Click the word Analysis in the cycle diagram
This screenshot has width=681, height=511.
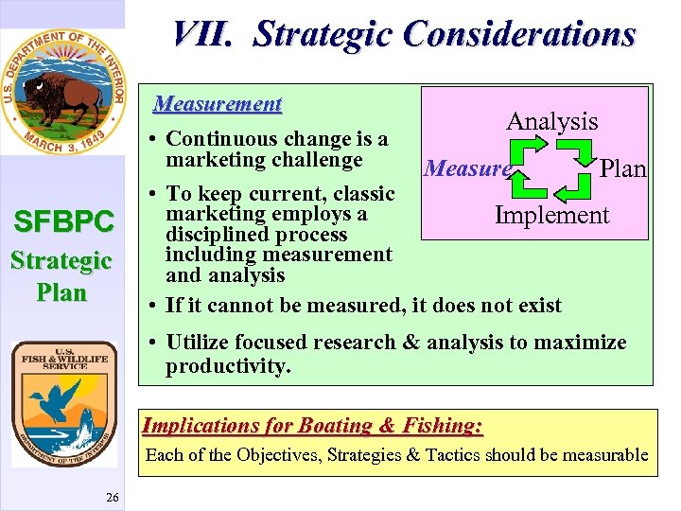coord(551,121)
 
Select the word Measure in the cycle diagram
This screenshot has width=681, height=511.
coord(466,168)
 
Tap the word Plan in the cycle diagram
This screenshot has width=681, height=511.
coord(622,168)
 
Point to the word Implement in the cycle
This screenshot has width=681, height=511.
coord(551,215)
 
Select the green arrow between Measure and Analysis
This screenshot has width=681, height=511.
coord(526,150)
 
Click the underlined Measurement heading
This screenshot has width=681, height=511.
coord(218,103)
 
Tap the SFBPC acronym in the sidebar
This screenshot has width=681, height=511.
coord(63,222)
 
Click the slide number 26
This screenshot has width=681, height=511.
coord(112,498)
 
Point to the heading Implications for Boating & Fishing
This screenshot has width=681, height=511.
coord(312,426)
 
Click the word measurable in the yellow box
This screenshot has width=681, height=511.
coord(594,455)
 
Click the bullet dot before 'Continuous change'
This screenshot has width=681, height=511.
coord(153,140)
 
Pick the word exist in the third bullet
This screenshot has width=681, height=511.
coord(535,306)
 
